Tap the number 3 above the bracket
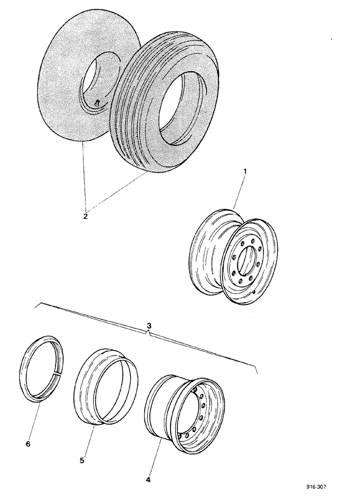(x=149, y=325)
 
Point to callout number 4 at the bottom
(x=147, y=480)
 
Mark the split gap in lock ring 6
(x=59, y=373)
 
